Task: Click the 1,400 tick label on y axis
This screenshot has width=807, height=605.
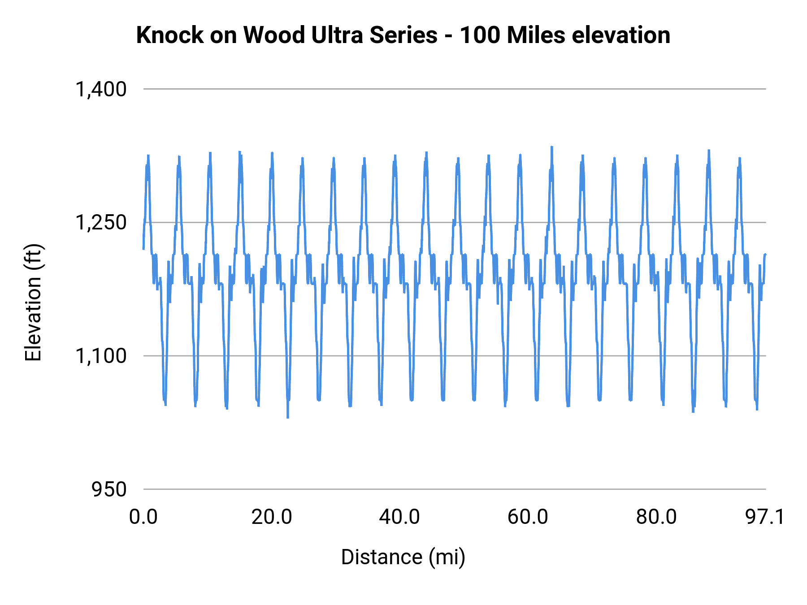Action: [101, 89]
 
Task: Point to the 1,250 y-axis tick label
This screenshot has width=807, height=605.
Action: [101, 222]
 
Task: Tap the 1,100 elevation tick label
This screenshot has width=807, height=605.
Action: [101, 356]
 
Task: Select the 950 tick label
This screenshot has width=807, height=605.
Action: [109, 489]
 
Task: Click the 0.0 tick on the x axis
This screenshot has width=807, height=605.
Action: [143, 517]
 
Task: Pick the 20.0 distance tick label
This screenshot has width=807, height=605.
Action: [272, 517]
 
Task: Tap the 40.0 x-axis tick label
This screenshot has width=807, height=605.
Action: [399, 517]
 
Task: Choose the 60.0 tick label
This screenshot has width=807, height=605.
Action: [528, 517]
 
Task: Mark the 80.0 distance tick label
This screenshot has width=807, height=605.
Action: [656, 517]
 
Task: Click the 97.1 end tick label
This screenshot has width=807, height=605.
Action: [765, 517]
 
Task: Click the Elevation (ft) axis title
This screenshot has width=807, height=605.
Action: [33, 303]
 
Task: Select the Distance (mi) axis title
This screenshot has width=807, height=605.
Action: [403, 557]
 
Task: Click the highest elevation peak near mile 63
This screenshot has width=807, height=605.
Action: [552, 147]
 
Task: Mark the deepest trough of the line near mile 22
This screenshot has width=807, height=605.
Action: [287, 417]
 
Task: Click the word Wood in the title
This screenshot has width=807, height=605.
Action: [275, 35]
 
